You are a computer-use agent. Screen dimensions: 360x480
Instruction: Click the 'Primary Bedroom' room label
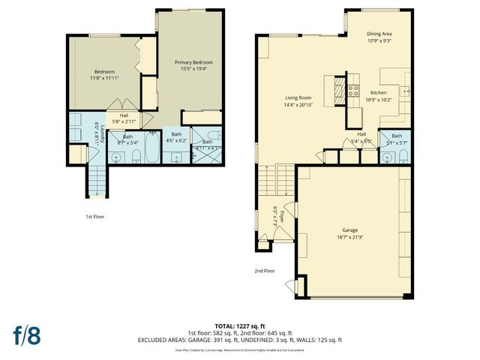click(x=193, y=62)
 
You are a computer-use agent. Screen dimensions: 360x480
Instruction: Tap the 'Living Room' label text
click(x=298, y=97)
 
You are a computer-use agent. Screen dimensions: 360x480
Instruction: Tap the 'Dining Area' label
click(x=379, y=34)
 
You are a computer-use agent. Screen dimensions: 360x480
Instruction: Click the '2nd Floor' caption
click(x=265, y=270)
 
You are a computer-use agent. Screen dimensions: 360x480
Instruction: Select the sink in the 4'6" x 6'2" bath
click(x=178, y=157)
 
